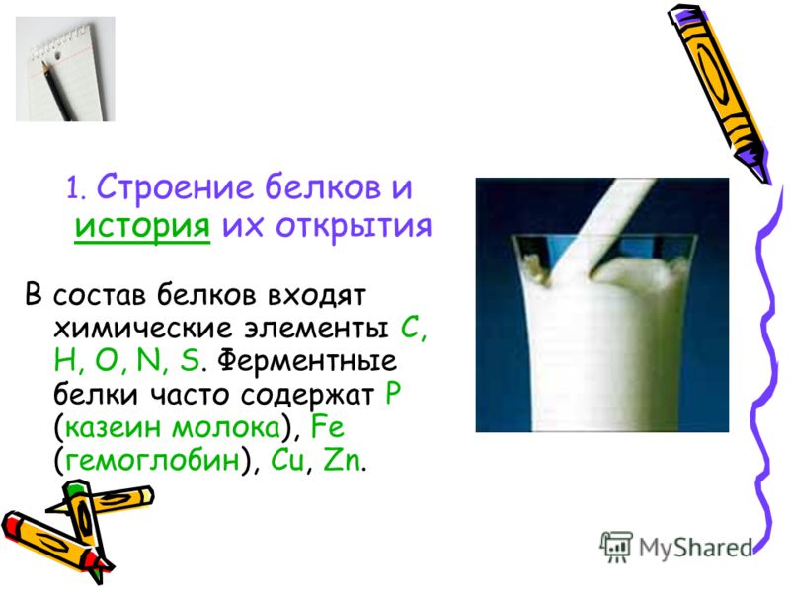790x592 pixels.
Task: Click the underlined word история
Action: pyautogui.click(x=142, y=227)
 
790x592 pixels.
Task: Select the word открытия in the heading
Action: pyautogui.click(x=354, y=226)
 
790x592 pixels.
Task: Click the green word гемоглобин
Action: pyautogui.click(x=152, y=460)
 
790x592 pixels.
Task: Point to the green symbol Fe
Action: pyautogui.click(x=328, y=427)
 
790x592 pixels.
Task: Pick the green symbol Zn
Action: pyautogui.click(x=342, y=460)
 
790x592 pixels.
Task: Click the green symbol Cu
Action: pyautogui.click(x=287, y=460)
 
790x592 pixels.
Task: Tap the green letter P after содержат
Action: pyautogui.click(x=392, y=394)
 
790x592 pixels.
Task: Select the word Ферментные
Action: pyautogui.click(x=307, y=362)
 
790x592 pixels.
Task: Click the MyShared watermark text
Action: pyautogui.click(x=695, y=548)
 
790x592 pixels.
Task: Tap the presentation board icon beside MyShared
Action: pyautogui.click(x=616, y=546)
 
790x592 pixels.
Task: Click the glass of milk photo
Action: pyautogui.click(x=602, y=305)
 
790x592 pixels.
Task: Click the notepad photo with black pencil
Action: pyautogui.click(x=65, y=69)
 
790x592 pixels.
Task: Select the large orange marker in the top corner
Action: pyautogui.click(x=719, y=92)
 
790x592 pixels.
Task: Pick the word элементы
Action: pyautogui.click(x=317, y=329)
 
